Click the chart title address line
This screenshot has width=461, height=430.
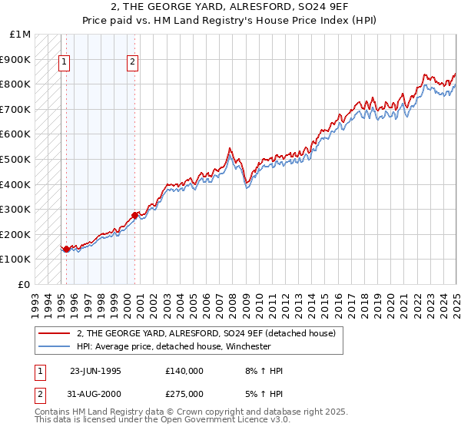(230, 7)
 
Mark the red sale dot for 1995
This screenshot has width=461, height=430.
(67, 249)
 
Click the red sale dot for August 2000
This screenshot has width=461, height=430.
(134, 215)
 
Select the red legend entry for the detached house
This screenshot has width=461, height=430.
(206, 333)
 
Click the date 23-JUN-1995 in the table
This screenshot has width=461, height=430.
(95, 371)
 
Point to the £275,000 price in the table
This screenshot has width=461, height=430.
(184, 393)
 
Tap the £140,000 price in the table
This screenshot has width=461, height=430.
(184, 371)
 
